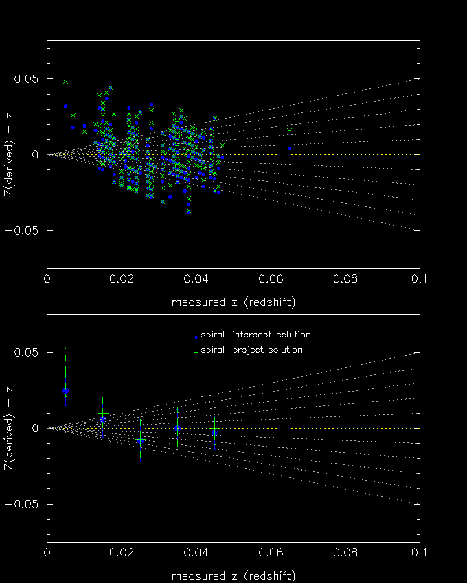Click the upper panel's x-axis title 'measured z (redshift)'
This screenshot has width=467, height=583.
(233, 302)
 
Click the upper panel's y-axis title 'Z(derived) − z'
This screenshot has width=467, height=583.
(9, 154)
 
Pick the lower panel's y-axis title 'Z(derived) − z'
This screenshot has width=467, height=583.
(9, 428)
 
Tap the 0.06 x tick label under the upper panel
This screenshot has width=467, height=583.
(271, 280)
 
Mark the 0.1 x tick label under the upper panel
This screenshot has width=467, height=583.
(419, 280)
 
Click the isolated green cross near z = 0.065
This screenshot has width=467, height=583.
(289, 131)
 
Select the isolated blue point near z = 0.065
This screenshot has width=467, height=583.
(289, 148)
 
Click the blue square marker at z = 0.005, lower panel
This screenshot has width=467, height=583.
(65, 390)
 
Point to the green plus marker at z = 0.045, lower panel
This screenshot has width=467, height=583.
(214, 430)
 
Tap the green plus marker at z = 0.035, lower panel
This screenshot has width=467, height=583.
(177, 427)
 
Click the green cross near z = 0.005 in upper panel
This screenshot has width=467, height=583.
(65, 82)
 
